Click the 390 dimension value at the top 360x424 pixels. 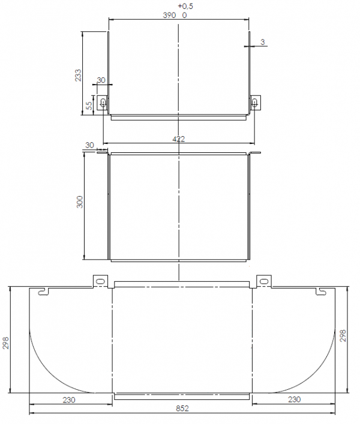click(x=169, y=15)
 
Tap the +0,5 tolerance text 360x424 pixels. click(x=185, y=6)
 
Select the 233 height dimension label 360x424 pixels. click(x=78, y=75)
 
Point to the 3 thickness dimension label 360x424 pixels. click(x=263, y=42)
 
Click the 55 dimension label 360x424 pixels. click(x=89, y=106)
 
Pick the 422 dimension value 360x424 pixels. click(x=179, y=139)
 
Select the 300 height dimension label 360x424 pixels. click(x=80, y=202)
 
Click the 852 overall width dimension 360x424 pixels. click(x=182, y=408)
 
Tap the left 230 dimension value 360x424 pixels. click(x=69, y=399)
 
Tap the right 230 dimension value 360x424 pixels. click(x=294, y=399)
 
